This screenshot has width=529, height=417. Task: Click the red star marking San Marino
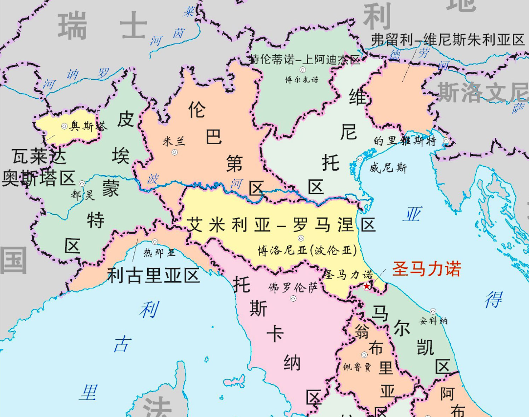(x=367, y=286)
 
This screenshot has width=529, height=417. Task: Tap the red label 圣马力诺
(x=426, y=270)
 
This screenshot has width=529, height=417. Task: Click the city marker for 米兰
(x=175, y=153)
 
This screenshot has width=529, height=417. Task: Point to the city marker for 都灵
(x=82, y=183)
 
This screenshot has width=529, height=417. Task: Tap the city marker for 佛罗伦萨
(x=293, y=298)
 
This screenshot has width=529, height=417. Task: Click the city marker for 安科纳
(x=433, y=311)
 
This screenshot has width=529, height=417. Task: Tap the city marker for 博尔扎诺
(x=303, y=70)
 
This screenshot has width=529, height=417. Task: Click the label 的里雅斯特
(x=404, y=141)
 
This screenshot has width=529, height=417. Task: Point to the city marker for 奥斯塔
(x=64, y=126)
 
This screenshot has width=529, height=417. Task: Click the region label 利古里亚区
(x=154, y=276)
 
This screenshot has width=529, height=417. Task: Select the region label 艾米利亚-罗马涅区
(x=282, y=225)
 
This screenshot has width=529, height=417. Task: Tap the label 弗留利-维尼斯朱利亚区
(x=448, y=40)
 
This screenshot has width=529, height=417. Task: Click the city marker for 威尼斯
(x=360, y=159)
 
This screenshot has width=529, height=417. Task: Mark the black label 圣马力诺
(x=349, y=275)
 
